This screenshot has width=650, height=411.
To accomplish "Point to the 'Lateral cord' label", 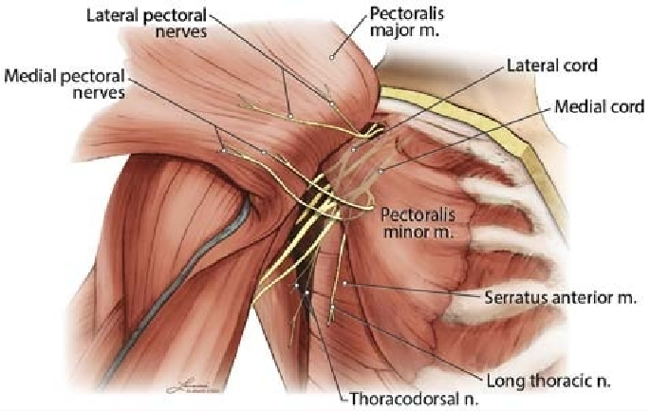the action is tap(550, 66).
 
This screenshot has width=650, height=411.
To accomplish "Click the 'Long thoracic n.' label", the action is tap(548, 381).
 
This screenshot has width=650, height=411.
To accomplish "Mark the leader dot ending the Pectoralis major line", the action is tap(331, 58).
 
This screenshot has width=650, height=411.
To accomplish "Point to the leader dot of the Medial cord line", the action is tap(381, 171).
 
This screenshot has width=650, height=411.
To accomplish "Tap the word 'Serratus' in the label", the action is tap(512, 297).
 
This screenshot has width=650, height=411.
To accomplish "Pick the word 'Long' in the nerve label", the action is tap(507, 381).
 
